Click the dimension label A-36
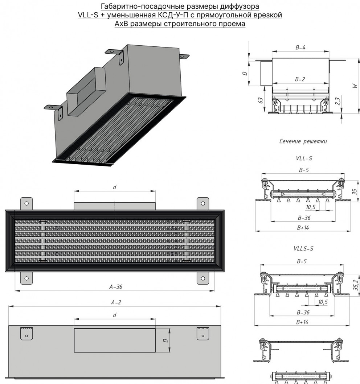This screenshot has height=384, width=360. tap(116, 286)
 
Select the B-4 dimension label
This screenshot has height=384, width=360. tap(300, 48)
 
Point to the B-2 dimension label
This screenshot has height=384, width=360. tap(300, 79)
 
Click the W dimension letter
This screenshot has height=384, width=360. tap(355, 86)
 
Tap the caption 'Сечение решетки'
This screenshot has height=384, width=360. tap(303, 141)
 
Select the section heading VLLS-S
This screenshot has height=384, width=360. tap(303, 249)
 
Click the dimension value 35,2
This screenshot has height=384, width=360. tap(356, 285)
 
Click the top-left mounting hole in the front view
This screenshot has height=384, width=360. tap(26, 203)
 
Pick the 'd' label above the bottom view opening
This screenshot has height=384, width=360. tap(114, 315)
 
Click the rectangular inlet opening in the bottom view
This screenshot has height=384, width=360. tap(115, 340)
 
